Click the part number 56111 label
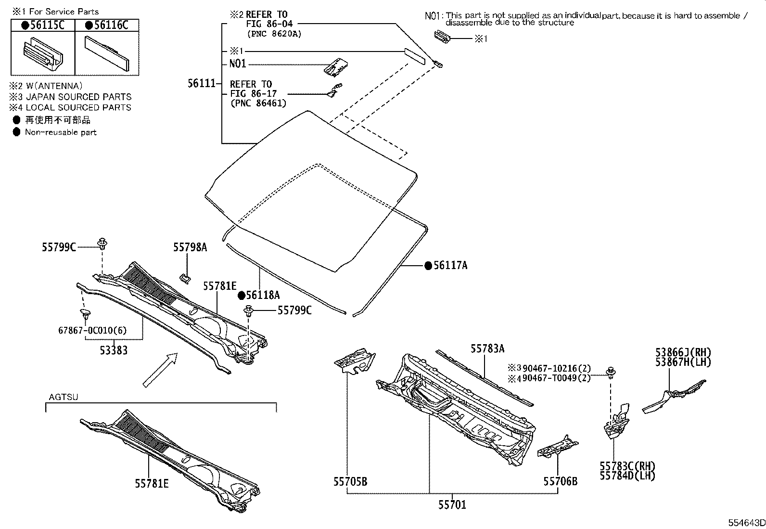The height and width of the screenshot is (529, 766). click(x=202, y=83)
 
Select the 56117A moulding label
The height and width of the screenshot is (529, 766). click(x=450, y=266)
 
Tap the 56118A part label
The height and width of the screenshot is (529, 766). click(x=263, y=295)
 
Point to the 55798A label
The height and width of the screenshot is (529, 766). click(x=190, y=247)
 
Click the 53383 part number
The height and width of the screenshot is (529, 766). click(x=114, y=350)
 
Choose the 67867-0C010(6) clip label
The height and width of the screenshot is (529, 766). click(x=92, y=330)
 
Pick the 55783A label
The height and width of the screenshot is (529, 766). click(x=487, y=348)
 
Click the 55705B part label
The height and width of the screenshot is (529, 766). click(x=350, y=482)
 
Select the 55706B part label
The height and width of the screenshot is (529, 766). click(x=561, y=481)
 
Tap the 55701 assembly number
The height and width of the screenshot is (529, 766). click(x=452, y=505)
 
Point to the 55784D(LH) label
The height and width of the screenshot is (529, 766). click(x=627, y=476)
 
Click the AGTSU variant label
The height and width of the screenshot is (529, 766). click(x=64, y=397)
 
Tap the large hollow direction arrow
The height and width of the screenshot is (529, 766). click(x=160, y=370)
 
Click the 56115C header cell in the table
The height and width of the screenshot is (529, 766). click(x=43, y=26)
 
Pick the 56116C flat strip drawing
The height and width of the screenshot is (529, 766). click(x=107, y=53)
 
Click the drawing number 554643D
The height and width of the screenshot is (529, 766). click(x=746, y=523)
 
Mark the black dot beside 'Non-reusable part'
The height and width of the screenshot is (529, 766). click(x=16, y=132)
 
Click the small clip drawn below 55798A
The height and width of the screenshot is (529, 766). click(x=185, y=279)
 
